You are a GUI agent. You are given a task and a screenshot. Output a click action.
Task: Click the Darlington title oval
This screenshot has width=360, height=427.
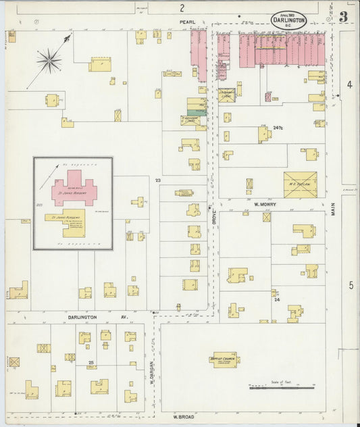pos(288,19)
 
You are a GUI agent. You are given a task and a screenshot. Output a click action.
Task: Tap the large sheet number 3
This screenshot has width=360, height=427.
pos(344,17)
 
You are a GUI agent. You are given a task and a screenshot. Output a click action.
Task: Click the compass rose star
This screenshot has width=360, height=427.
pos(49,62)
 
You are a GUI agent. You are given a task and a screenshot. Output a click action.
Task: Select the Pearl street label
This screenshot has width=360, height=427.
pos(187,22)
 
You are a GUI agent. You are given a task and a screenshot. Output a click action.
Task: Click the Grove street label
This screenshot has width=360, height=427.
pos(213,217)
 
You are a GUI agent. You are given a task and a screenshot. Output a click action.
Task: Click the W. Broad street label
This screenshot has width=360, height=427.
pos(184,416)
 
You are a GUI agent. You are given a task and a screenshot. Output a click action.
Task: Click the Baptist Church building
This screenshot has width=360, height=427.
pos(224,359)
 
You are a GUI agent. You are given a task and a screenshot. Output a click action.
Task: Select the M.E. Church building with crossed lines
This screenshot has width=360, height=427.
pos(300,184)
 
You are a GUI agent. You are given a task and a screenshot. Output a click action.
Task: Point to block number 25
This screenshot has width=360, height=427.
pos(91,363)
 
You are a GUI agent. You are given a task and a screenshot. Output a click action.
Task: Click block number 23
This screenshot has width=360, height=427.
pos(157,180)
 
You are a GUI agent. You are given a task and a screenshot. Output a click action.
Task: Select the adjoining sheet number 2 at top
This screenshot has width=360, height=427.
pos(182,7)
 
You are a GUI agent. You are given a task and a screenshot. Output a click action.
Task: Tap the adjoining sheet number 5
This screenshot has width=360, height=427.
pos(351,285)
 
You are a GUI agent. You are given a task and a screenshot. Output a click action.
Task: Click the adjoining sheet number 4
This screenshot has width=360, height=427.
pos(350,84)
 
